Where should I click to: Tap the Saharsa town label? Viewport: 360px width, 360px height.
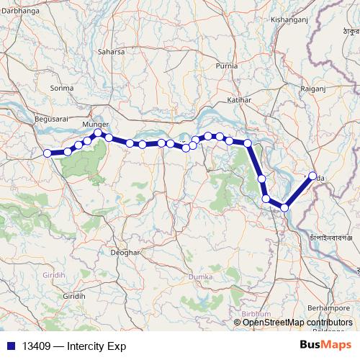click(x=111, y=52)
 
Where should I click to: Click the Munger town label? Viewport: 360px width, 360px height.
click(x=96, y=124)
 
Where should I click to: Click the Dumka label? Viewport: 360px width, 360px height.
click(x=199, y=276)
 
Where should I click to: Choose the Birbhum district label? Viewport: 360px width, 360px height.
click(x=256, y=314)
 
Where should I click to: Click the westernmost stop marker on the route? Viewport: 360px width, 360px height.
click(x=48, y=153)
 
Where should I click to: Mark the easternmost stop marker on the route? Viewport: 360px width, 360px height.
click(x=312, y=176)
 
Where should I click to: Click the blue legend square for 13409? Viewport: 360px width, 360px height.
click(x=10, y=346)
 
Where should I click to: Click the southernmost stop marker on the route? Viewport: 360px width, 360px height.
click(x=284, y=207)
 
